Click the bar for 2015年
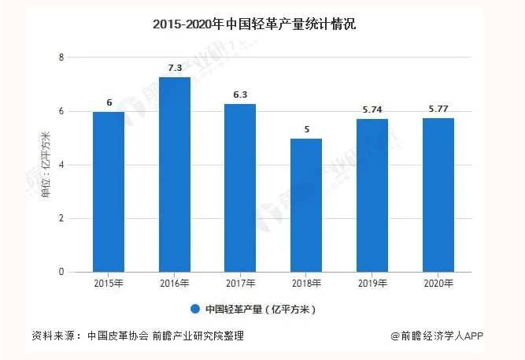(108, 191)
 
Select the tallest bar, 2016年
(174, 174)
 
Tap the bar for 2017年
(240, 187)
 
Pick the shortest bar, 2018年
(306, 205)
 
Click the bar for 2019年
(372, 195)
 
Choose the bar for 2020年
(438, 195)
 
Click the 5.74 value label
(372, 110)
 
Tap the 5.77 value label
(438, 109)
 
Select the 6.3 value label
(240, 95)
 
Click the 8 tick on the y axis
(61, 58)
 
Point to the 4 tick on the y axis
(61, 165)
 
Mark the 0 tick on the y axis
(61, 272)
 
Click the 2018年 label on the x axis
(306, 284)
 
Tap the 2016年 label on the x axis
(174, 284)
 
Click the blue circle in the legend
(194, 309)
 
